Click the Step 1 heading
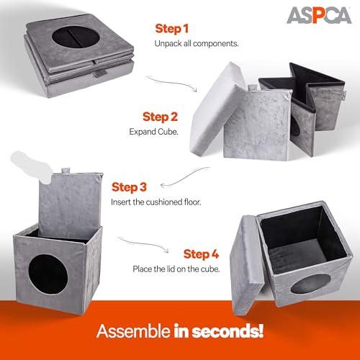(x=173, y=29)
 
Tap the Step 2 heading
(x=160, y=116)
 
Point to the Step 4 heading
(x=200, y=253)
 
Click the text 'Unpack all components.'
(x=196, y=44)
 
